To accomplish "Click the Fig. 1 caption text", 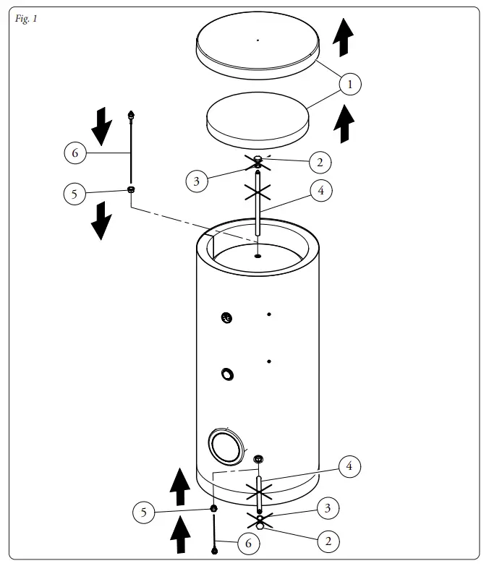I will [x=25, y=18].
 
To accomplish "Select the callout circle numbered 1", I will [x=350, y=84].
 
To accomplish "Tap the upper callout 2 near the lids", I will [x=320, y=162].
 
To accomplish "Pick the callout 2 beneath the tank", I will [x=328, y=540].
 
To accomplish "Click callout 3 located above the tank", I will [x=197, y=181].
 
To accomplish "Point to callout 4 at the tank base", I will [x=349, y=466].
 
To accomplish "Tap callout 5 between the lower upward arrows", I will [x=145, y=513].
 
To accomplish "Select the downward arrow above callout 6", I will [x=102, y=126].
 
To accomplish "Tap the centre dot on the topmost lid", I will [x=258, y=40].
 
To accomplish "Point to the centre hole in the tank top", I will [x=258, y=254].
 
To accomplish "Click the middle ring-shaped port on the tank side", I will [x=228, y=374].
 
